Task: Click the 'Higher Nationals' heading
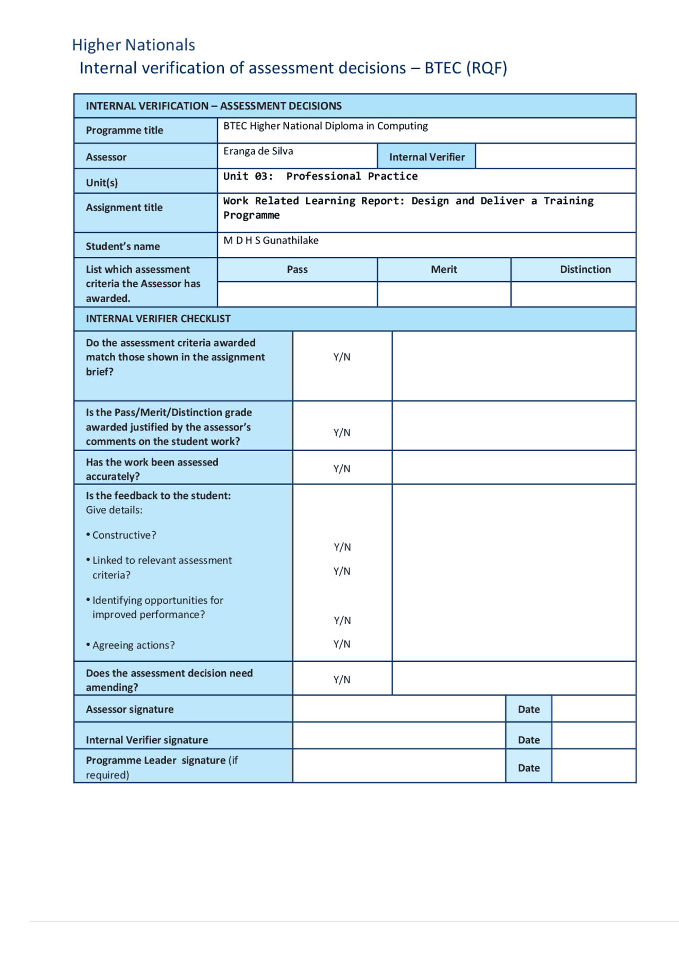(133, 45)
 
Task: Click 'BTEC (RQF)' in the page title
(465, 68)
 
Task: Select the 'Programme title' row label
(125, 131)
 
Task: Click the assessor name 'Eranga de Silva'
(258, 151)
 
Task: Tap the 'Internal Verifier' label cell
(426, 157)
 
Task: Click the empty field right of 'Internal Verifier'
(555, 156)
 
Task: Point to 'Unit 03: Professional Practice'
(320, 176)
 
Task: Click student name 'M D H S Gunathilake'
(271, 240)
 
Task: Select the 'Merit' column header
(444, 270)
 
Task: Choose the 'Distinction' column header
(585, 270)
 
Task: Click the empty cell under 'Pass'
(297, 294)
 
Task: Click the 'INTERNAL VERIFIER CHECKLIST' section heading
(158, 319)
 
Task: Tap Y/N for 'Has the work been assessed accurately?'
(342, 469)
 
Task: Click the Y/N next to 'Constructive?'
(342, 547)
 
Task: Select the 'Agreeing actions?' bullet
(133, 645)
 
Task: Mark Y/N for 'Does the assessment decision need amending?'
(342, 680)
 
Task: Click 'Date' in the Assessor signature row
(528, 709)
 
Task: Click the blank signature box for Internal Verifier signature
(398, 736)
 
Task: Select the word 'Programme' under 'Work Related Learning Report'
(251, 215)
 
